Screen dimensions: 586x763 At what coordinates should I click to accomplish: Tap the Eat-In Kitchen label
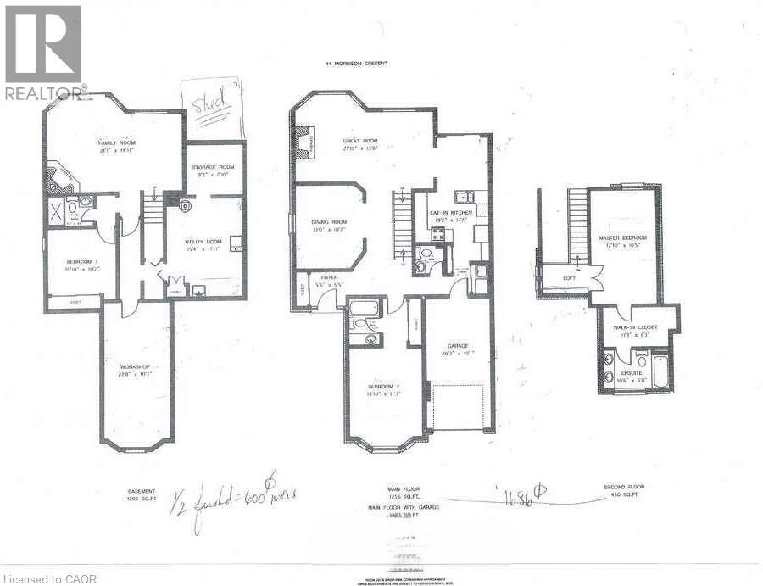pyautogui.click(x=451, y=214)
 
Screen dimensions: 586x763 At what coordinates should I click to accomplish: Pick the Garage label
pyautogui.click(x=459, y=345)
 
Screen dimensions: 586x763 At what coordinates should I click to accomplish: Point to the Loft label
pyautogui.click(x=570, y=277)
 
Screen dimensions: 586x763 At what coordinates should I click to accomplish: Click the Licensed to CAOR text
pyautogui.click(x=49, y=579)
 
